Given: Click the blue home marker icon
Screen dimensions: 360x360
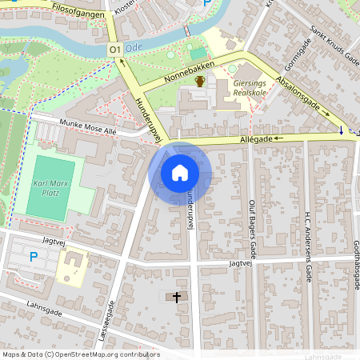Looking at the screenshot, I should tap(180, 173).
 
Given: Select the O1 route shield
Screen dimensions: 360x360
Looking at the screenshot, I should tap(114, 50).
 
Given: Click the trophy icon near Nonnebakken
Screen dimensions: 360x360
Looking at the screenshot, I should tap(199, 82).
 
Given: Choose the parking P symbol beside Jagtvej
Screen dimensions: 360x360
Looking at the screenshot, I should tap(33, 257).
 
